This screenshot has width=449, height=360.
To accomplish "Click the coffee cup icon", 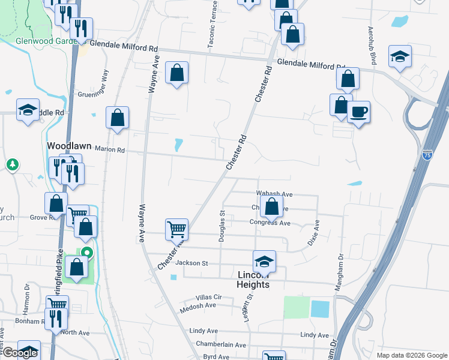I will coord(358,112).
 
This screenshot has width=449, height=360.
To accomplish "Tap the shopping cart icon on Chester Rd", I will coord(176,229).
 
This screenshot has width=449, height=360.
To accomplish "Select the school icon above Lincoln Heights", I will coord(264,260).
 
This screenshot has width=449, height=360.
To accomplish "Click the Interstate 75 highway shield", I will coord(427,155).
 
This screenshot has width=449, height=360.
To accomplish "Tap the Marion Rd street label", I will coord(109,149).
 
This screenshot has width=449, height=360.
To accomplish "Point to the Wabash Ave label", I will coord(274,194).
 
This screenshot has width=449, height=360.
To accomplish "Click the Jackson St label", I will coord(191,263).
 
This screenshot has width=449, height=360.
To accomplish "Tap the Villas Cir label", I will coord(209,297).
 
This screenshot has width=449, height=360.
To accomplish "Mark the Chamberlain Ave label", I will coord(221,345).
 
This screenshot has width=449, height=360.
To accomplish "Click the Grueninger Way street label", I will coord(106,85).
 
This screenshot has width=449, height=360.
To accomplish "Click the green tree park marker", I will coord(12,164).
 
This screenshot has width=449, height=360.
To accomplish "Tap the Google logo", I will coord(19,353).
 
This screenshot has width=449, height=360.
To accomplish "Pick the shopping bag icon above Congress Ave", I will coord(272,206).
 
